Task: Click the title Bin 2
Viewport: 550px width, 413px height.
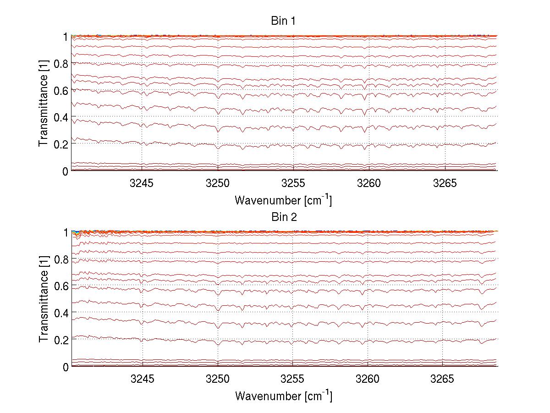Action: [284, 217]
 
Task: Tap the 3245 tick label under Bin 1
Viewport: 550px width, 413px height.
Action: [142, 184]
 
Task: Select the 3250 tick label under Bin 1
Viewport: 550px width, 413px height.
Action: [218, 184]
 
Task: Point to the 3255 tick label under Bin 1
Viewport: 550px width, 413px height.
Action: [293, 184]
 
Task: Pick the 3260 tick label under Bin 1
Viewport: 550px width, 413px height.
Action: [369, 184]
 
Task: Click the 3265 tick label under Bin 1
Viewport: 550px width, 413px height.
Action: [445, 184]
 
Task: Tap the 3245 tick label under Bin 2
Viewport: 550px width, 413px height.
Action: [142, 380]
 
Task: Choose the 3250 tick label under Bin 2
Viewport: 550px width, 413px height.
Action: [218, 380]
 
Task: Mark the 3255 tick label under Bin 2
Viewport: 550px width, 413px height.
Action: [293, 380]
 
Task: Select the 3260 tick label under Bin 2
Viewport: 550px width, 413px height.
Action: [369, 380]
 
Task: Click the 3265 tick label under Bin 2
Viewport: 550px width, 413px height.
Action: [445, 380]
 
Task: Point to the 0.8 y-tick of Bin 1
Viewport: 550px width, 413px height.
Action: [61, 63]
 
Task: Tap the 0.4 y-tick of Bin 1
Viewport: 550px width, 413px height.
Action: [61, 117]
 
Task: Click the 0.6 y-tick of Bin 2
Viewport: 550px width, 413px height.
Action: [61, 286]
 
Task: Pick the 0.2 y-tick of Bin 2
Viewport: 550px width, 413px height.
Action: [61, 340]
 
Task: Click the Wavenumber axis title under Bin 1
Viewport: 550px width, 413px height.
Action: [283, 200]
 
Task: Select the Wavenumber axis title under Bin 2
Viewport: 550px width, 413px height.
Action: [283, 396]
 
